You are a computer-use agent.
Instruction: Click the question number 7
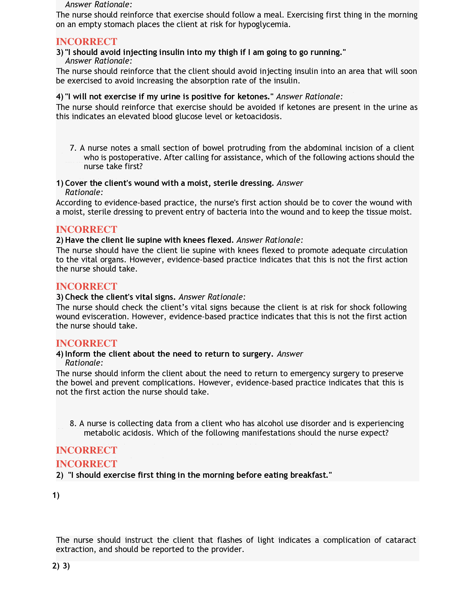[x=73, y=148]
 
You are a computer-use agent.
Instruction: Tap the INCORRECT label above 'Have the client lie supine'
[x=86, y=229]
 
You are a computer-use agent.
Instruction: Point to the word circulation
[x=385, y=251]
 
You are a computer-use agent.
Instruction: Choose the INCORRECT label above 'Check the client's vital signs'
[x=86, y=286]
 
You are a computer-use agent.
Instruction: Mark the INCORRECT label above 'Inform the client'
[x=86, y=343]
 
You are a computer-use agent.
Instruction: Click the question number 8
[x=73, y=423]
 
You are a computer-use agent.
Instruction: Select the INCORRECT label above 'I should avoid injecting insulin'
[x=86, y=42]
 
